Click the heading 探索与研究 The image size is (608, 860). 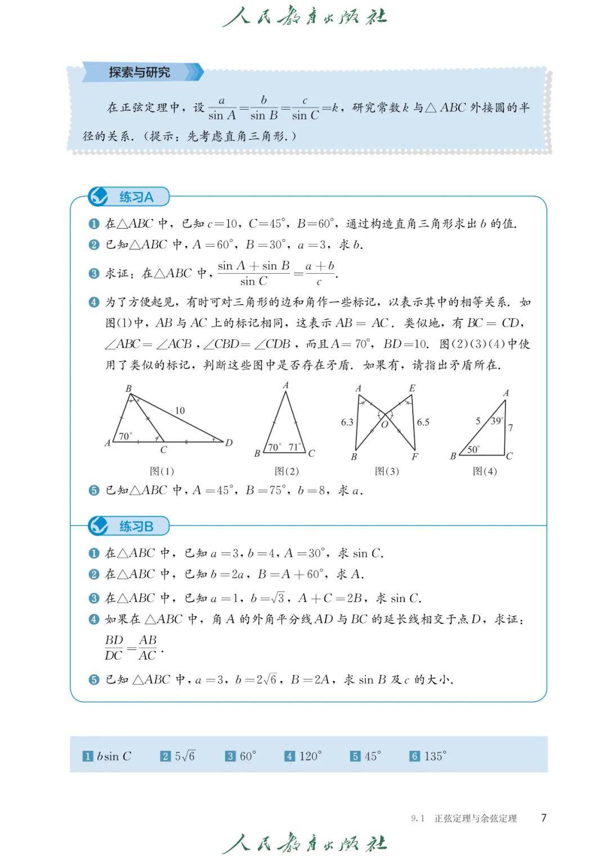pos(139,73)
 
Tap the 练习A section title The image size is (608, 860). pos(136,197)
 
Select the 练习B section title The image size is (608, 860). pos(136,527)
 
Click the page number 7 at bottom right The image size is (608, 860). pos(543,818)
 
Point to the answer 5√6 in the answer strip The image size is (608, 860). pos(185,756)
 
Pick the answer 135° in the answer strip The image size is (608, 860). pos(435,756)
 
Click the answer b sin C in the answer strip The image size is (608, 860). pos(114,756)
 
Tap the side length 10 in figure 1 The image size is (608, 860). pos(180,411)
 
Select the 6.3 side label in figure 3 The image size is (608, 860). pos(347,422)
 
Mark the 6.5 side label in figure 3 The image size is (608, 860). pos(423,422)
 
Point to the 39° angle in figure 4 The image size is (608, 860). pos(496,421)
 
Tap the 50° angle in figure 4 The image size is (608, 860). pos(473,449)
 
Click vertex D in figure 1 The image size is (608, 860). pos(229,443)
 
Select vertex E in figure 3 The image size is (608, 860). pos(412,388)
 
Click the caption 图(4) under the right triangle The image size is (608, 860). pos(485,471)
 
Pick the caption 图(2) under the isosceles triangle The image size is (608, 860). pos(287,471)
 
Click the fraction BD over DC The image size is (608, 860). pos(114,647)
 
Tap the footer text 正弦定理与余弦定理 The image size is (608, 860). pos(475,818)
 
